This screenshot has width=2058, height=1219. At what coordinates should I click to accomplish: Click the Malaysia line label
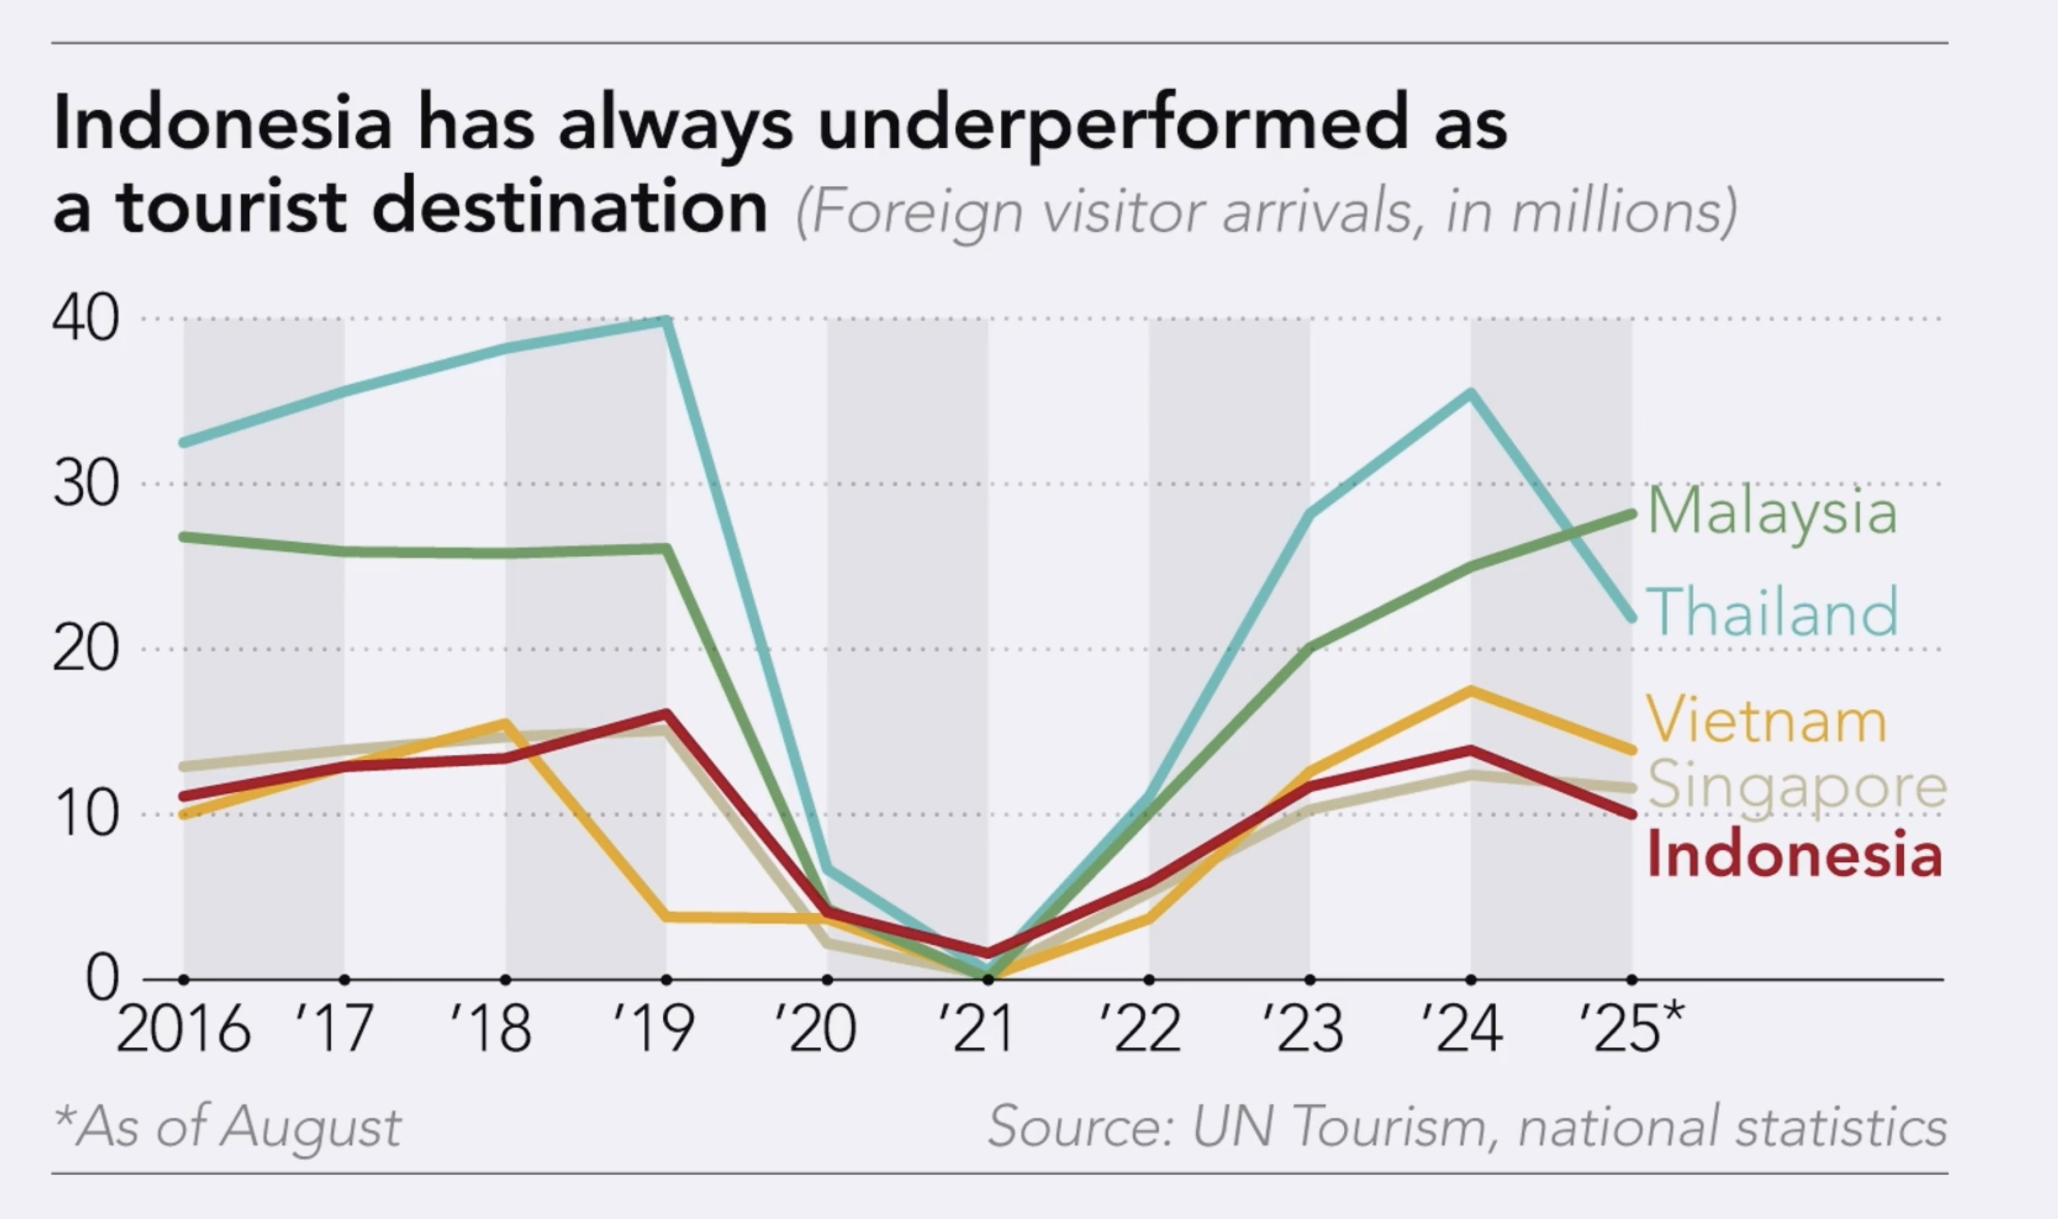(1773, 512)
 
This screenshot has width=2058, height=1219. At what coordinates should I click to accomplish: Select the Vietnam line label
(1766, 720)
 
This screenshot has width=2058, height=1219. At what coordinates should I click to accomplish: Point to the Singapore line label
(1797, 786)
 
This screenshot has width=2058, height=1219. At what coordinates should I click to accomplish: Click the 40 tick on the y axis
(86, 319)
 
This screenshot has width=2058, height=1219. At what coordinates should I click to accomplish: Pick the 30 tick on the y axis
(86, 484)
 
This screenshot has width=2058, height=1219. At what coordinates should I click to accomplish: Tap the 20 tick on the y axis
(86, 650)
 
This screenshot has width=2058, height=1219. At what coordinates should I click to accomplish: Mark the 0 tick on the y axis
(102, 979)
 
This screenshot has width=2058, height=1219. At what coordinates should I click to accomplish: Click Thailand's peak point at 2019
(667, 320)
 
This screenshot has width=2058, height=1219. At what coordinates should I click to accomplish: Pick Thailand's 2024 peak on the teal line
(1471, 392)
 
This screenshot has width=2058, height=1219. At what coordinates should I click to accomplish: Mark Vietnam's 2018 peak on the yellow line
(505, 723)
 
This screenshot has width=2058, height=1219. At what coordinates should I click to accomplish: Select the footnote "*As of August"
(228, 1125)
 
